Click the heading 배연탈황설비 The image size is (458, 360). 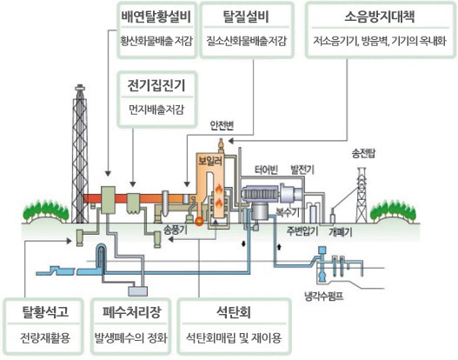coord(156,17)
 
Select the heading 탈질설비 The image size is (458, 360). coord(246,17)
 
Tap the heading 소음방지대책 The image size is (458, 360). coord(380,17)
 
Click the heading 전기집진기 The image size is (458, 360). coord(156,85)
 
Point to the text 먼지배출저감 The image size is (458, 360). coord(156,110)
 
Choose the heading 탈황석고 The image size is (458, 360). coord(45,312)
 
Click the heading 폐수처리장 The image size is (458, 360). coord(131,312)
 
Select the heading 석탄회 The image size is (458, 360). coord(234,312)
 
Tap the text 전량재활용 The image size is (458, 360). coord(45,338)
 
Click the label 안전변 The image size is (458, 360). coord(222,125)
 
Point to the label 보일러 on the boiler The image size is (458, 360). coord(210,161)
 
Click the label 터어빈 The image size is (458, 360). coord(266,170)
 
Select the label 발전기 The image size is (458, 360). coord(302,170)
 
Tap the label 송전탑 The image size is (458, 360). coord(363,154)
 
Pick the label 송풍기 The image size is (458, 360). coord(176,230)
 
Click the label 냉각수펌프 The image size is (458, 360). coord(323,297)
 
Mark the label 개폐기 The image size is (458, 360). coord(341,232)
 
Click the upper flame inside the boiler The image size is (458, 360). coord(219,190)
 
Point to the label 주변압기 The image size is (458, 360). coord(302,231)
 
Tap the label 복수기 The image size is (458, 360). coord(288,212)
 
